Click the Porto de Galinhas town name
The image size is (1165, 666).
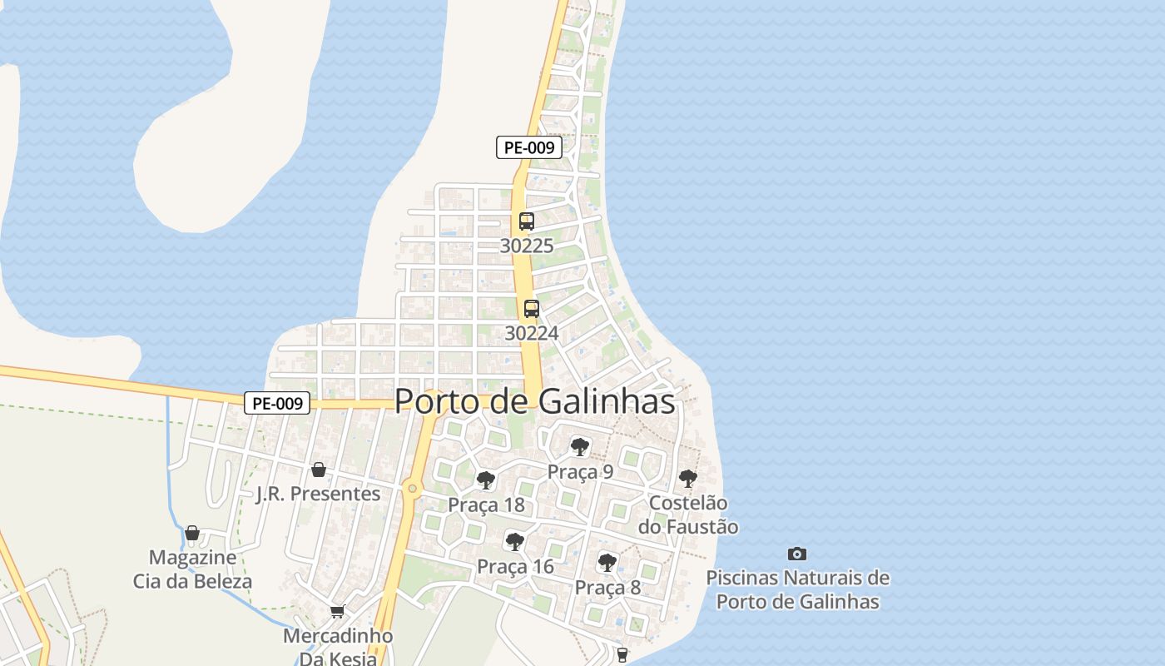point(534,401)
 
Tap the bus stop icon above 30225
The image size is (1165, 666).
point(526,221)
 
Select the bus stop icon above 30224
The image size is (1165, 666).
point(531,309)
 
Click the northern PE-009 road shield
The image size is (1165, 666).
point(529,148)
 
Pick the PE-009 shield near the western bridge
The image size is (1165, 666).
point(277,404)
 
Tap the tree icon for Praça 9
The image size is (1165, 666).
point(580,447)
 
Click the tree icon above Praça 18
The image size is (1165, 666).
point(486,480)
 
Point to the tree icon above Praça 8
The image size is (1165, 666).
point(607,563)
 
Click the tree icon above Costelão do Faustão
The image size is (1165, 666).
point(687,478)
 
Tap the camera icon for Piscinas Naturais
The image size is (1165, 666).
point(797,554)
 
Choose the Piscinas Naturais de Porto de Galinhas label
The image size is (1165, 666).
point(797,589)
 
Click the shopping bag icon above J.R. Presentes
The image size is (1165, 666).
point(318,470)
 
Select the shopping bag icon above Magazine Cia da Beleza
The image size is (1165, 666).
point(192,533)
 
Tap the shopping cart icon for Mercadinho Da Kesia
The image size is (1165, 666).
point(337,612)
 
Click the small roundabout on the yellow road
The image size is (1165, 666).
point(411,489)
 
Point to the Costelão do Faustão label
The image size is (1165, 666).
point(688,514)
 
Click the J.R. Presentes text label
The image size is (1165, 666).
point(318,494)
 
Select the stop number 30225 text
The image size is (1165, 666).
point(527,246)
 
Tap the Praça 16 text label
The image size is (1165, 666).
point(515,567)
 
